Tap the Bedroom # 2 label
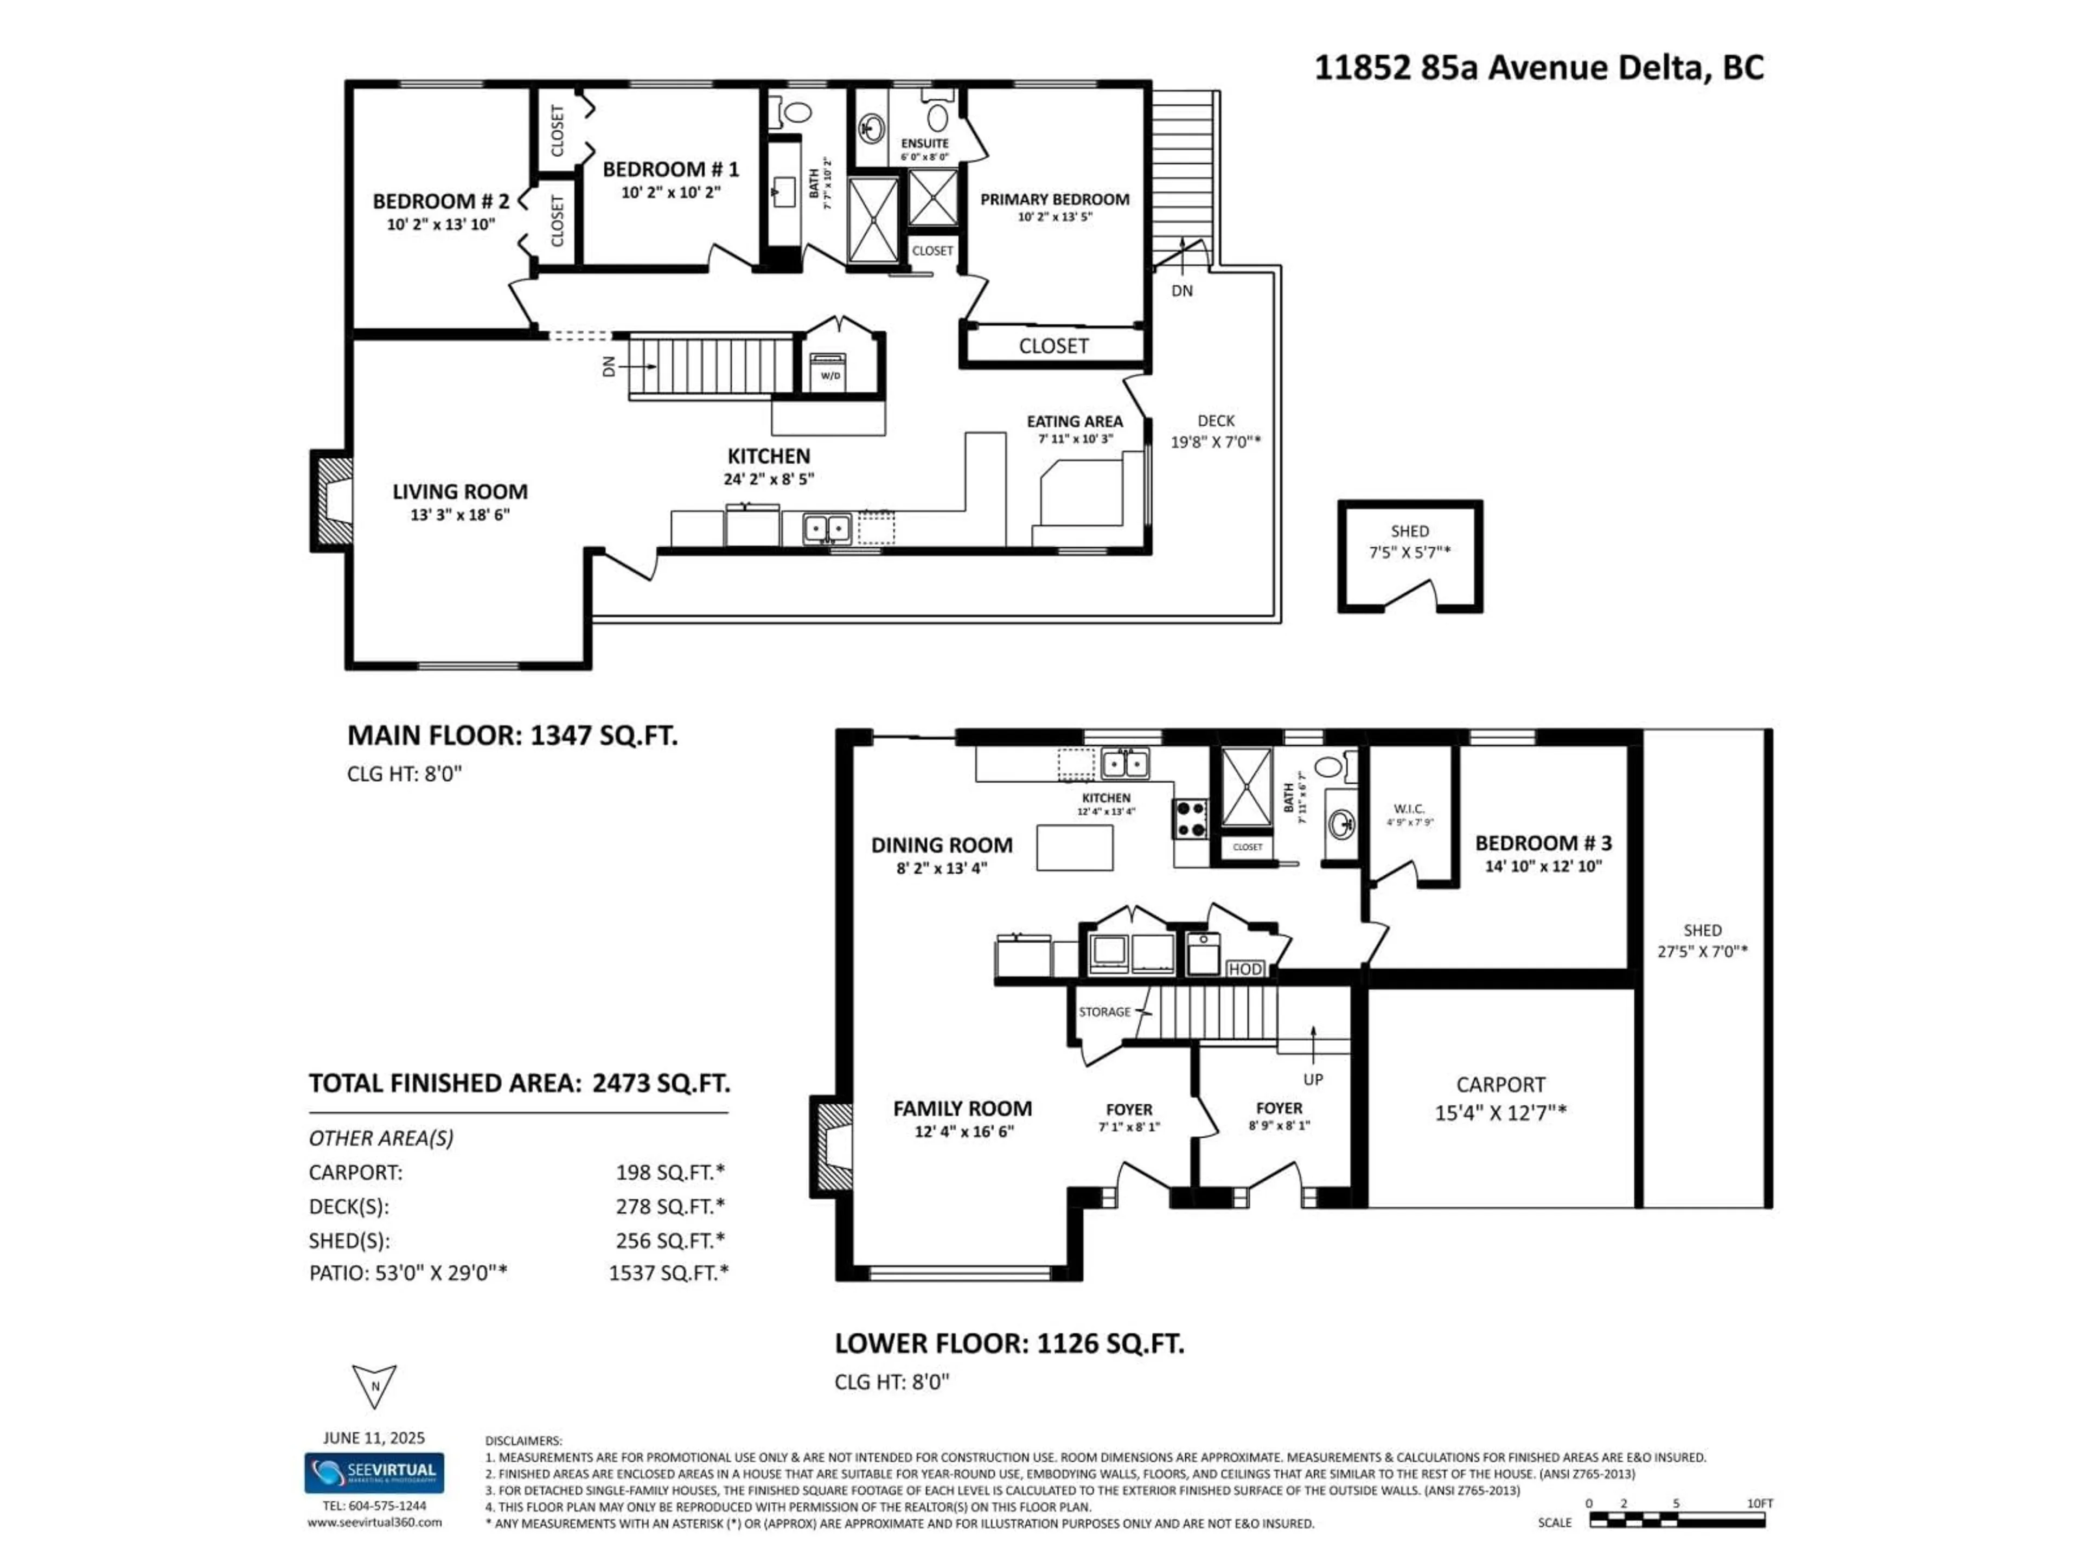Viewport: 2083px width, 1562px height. [440, 202]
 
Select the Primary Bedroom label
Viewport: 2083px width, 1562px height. [1054, 200]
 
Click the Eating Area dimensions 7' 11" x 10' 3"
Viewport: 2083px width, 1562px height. [1075, 439]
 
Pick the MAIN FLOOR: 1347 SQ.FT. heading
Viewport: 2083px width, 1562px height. [512, 735]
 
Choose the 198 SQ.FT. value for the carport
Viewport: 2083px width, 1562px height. [669, 1172]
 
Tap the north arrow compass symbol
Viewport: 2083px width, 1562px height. [374, 1386]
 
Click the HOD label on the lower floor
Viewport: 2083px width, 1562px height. [1245, 969]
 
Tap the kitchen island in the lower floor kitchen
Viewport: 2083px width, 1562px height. [1075, 847]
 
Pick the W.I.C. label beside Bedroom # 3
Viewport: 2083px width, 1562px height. [1409, 809]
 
